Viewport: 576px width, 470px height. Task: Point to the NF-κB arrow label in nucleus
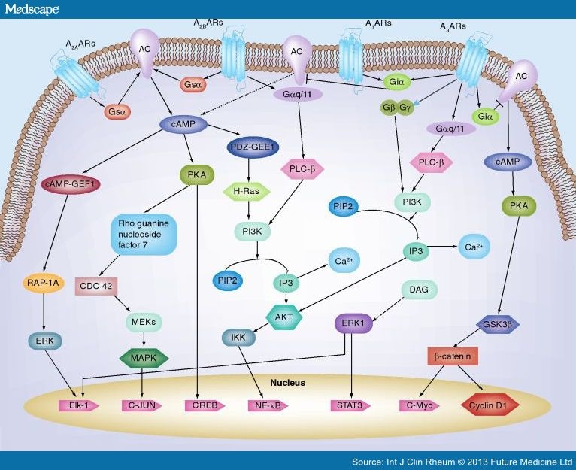(x=267, y=406)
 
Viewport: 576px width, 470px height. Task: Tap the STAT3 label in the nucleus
(x=350, y=406)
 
